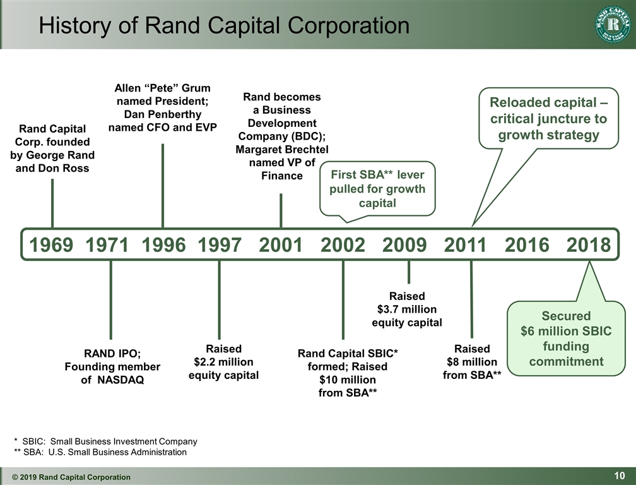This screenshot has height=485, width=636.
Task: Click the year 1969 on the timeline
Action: pyautogui.click(x=51, y=245)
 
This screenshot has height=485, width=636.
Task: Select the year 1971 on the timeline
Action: pyautogui.click(x=107, y=245)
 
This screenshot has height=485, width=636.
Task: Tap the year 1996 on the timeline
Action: pyautogui.click(x=163, y=245)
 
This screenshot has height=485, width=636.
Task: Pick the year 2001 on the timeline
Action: pyautogui.click(x=281, y=245)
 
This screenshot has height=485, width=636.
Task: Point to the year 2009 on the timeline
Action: pyautogui.click(x=404, y=245)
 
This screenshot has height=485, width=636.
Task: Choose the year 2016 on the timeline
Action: pyautogui.click(x=527, y=245)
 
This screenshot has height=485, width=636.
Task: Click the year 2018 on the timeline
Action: pyautogui.click(x=589, y=245)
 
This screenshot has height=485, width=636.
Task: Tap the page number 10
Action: pyautogui.click(x=620, y=476)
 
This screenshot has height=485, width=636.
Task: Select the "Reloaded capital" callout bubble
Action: pyautogui.click(x=548, y=118)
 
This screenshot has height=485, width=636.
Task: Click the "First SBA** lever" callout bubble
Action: pyautogui.click(x=377, y=189)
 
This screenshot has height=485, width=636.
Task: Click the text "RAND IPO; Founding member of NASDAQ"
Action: pyautogui.click(x=112, y=366)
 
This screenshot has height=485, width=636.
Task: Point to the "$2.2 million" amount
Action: pyautogui.click(x=223, y=362)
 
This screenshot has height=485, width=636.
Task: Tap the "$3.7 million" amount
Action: pyautogui.click(x=407, y=309)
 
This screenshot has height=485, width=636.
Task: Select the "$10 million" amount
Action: pyautogui.click(x=348, y=380)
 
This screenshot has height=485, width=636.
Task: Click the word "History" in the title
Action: pyautogui.click(x=75, y=25)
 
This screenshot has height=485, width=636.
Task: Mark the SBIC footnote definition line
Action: pyautogui.click(x=105, y=441)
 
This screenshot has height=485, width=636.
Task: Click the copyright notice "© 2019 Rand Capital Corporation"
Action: pyautogui.click(x=71, y=477)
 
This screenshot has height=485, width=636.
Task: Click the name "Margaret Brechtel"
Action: pyautogui.click(x=282, y=150)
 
